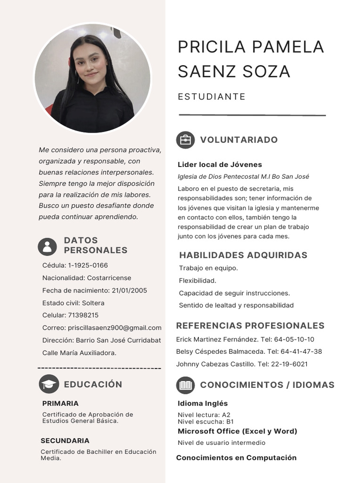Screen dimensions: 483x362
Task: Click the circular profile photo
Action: pyautogui.click(x=92, y=78)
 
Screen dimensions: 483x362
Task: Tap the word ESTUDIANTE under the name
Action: pyautogui.click(x=212, y=97)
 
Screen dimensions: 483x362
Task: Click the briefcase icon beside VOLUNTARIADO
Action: pyautogui.click(x=185, y=140)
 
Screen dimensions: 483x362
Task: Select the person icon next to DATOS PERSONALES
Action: pyautogui.click(x=47, y=246)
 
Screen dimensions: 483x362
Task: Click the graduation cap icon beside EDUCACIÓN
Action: pyautogui.click(x=49, y=384)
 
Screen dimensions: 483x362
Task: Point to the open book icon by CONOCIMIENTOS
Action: pyautogui.click(x=185, y=385)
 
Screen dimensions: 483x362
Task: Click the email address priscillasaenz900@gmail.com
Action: pyautogui.click(x=115, y=328)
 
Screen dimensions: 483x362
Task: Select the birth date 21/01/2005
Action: pyautogui.click(x=129, y=291)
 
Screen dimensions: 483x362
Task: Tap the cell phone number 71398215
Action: pyautogui.click(x=83, y=315)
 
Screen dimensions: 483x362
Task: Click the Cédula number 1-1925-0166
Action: pyautogui.click(x=88, y=265)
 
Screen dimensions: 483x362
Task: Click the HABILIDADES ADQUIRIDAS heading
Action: pyautogui.click(x=243, y=255)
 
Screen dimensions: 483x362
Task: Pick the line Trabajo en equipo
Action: pyautogui.click(x=208, y=268)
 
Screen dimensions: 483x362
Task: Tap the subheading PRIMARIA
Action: pyautogui.click(x=60, y=403)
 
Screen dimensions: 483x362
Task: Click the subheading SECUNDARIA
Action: pyautogui.click(x=65, y=441)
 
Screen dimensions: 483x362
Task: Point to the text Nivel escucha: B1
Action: pyautogui.click(x=206, y=422)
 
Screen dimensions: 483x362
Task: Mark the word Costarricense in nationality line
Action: pyautogui.click(x=109, y=278)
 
